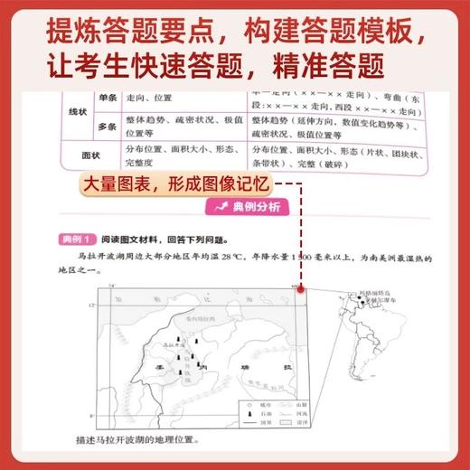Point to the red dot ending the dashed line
click(x=300, y=288)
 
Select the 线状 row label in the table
click(x=65, y=112)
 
